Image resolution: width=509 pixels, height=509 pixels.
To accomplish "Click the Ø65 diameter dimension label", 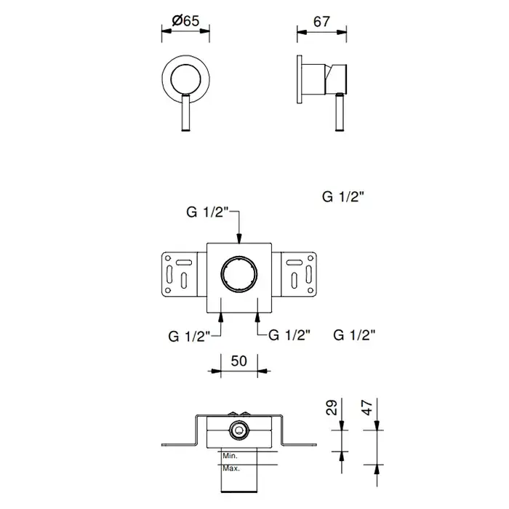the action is [185, 21].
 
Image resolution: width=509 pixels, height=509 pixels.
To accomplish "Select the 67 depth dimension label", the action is [321, 22].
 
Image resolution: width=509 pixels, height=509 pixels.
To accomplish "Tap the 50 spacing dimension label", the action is [239, 361].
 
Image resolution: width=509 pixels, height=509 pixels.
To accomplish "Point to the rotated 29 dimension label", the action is [332, 407].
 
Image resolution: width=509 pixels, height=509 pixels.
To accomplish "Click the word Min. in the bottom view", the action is [230, 456].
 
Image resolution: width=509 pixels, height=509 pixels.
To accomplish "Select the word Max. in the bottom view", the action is [231, 468].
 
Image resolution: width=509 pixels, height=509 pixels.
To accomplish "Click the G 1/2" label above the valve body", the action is [208, 212].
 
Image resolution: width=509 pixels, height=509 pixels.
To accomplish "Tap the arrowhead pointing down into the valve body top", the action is [239, 239].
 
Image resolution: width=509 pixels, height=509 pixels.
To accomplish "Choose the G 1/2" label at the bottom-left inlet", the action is [190, 336].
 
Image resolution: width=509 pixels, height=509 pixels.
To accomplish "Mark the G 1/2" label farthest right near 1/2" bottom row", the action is [354, 335].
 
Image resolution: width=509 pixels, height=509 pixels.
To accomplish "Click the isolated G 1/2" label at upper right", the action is [343, 197].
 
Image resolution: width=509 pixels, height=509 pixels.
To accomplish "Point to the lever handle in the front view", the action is [185, 112].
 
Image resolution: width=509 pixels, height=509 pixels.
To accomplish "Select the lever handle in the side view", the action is [340, 112].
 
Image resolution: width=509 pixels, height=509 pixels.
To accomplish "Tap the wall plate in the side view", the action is [300, 79].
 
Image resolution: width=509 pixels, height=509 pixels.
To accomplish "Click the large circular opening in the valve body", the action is [239, 273].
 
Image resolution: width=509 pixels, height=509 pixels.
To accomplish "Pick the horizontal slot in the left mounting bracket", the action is [184, 262].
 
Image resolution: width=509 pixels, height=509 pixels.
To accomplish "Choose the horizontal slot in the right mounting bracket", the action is [294, 262].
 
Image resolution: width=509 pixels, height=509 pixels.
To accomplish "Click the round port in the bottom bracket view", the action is [239, 430].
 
